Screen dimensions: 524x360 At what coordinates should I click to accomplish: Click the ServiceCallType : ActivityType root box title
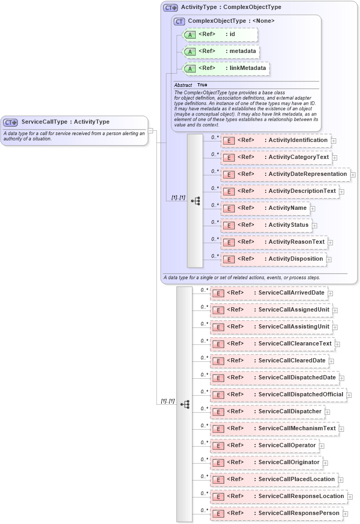pyautogui.click(x=65, y=122)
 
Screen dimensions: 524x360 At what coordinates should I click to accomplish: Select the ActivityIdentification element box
pyautogui.click(x=276, y=140)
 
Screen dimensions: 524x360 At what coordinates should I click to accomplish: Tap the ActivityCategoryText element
pyautogui.click(x=276, y=157)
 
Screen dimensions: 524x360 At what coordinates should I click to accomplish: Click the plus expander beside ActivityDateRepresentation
pyautogui.click(x=353, y=174)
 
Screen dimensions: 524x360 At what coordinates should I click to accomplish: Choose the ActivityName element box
pyautogui.click(x=265, y=208)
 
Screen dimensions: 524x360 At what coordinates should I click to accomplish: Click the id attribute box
pyautogui.click(x=220, y=34)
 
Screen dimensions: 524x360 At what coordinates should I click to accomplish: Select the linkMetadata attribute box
pyautogui.click(x=225, y=68)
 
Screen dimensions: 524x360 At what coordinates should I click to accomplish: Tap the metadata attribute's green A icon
pyautogui.click(x=190, y=52)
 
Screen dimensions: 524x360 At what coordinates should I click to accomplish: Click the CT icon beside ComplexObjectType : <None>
pyautogui.click(x=179, y=21)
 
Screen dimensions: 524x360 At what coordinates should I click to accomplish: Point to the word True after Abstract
pyautogui.click(x=202, y=85)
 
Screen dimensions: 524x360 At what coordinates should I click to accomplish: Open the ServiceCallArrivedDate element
pyautogui.click(x=268, y=293)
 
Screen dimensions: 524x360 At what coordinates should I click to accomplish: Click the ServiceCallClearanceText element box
pyautogui.click(x=272, y=344)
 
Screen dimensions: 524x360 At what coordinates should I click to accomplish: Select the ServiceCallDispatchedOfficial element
pyautogui.click(x=278, y=395)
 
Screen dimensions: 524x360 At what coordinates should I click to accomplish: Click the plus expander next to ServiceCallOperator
pyautogui.click(x=322, y=446)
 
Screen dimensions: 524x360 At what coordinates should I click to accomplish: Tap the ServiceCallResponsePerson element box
pyautogui.click(x=276, y=513)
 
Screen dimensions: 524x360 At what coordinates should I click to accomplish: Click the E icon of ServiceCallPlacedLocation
pyautogui.click(x=218, y=480)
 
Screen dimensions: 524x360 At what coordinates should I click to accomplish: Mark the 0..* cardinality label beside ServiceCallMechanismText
pyautogui.click(x=204, y=425)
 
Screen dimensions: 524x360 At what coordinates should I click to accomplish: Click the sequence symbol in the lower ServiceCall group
pyautogui.click(x=185, y=404)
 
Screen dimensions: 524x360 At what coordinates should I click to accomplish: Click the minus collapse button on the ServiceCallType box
pyautogui.click(x=151, y=130)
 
